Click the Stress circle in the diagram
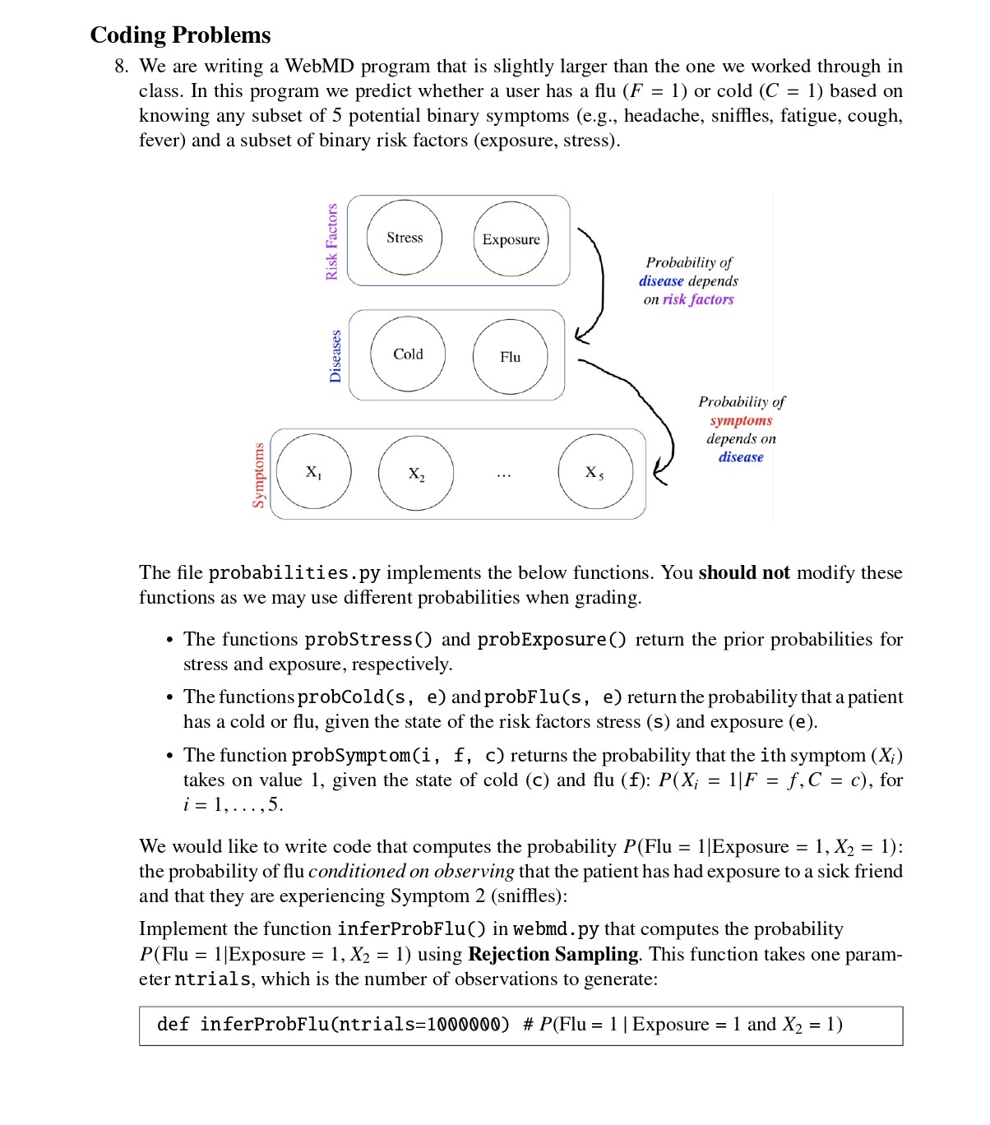405,238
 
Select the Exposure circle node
511,239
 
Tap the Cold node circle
408,354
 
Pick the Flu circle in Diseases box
510,357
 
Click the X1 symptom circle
314,472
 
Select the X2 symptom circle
416,474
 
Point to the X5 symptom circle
595,472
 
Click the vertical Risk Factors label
332,242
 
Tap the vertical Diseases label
335,356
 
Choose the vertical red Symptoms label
259,475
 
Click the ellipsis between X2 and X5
503,475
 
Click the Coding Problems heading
180,35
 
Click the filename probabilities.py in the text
294,573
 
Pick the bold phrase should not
743,572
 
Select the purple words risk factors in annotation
698,299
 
